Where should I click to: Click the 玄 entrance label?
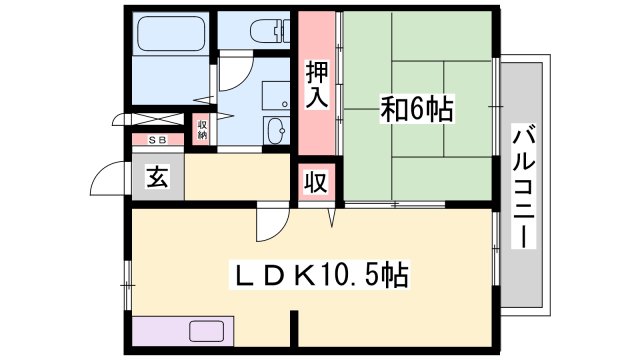click(x=157, y=178)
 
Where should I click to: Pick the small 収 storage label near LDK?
click(x=315, y=184)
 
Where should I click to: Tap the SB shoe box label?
click(x=159, y=140)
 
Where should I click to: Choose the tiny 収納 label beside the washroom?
click(x=201, y=129)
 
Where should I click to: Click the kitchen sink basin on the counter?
click(x=207, y=331)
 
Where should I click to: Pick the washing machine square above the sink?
click(x=275, y=94)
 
